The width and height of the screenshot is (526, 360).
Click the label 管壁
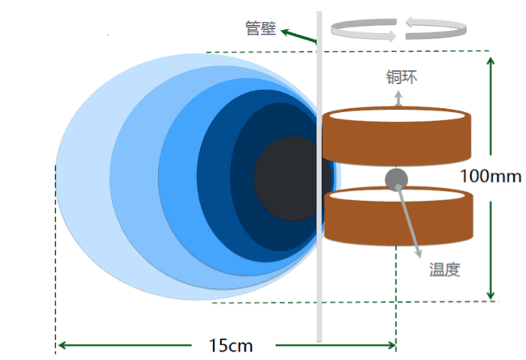260,28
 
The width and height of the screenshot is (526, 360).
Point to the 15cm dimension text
231,345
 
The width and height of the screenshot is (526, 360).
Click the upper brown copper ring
395,141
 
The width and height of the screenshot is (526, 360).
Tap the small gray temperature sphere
395,178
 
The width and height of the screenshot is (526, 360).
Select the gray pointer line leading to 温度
408,218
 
